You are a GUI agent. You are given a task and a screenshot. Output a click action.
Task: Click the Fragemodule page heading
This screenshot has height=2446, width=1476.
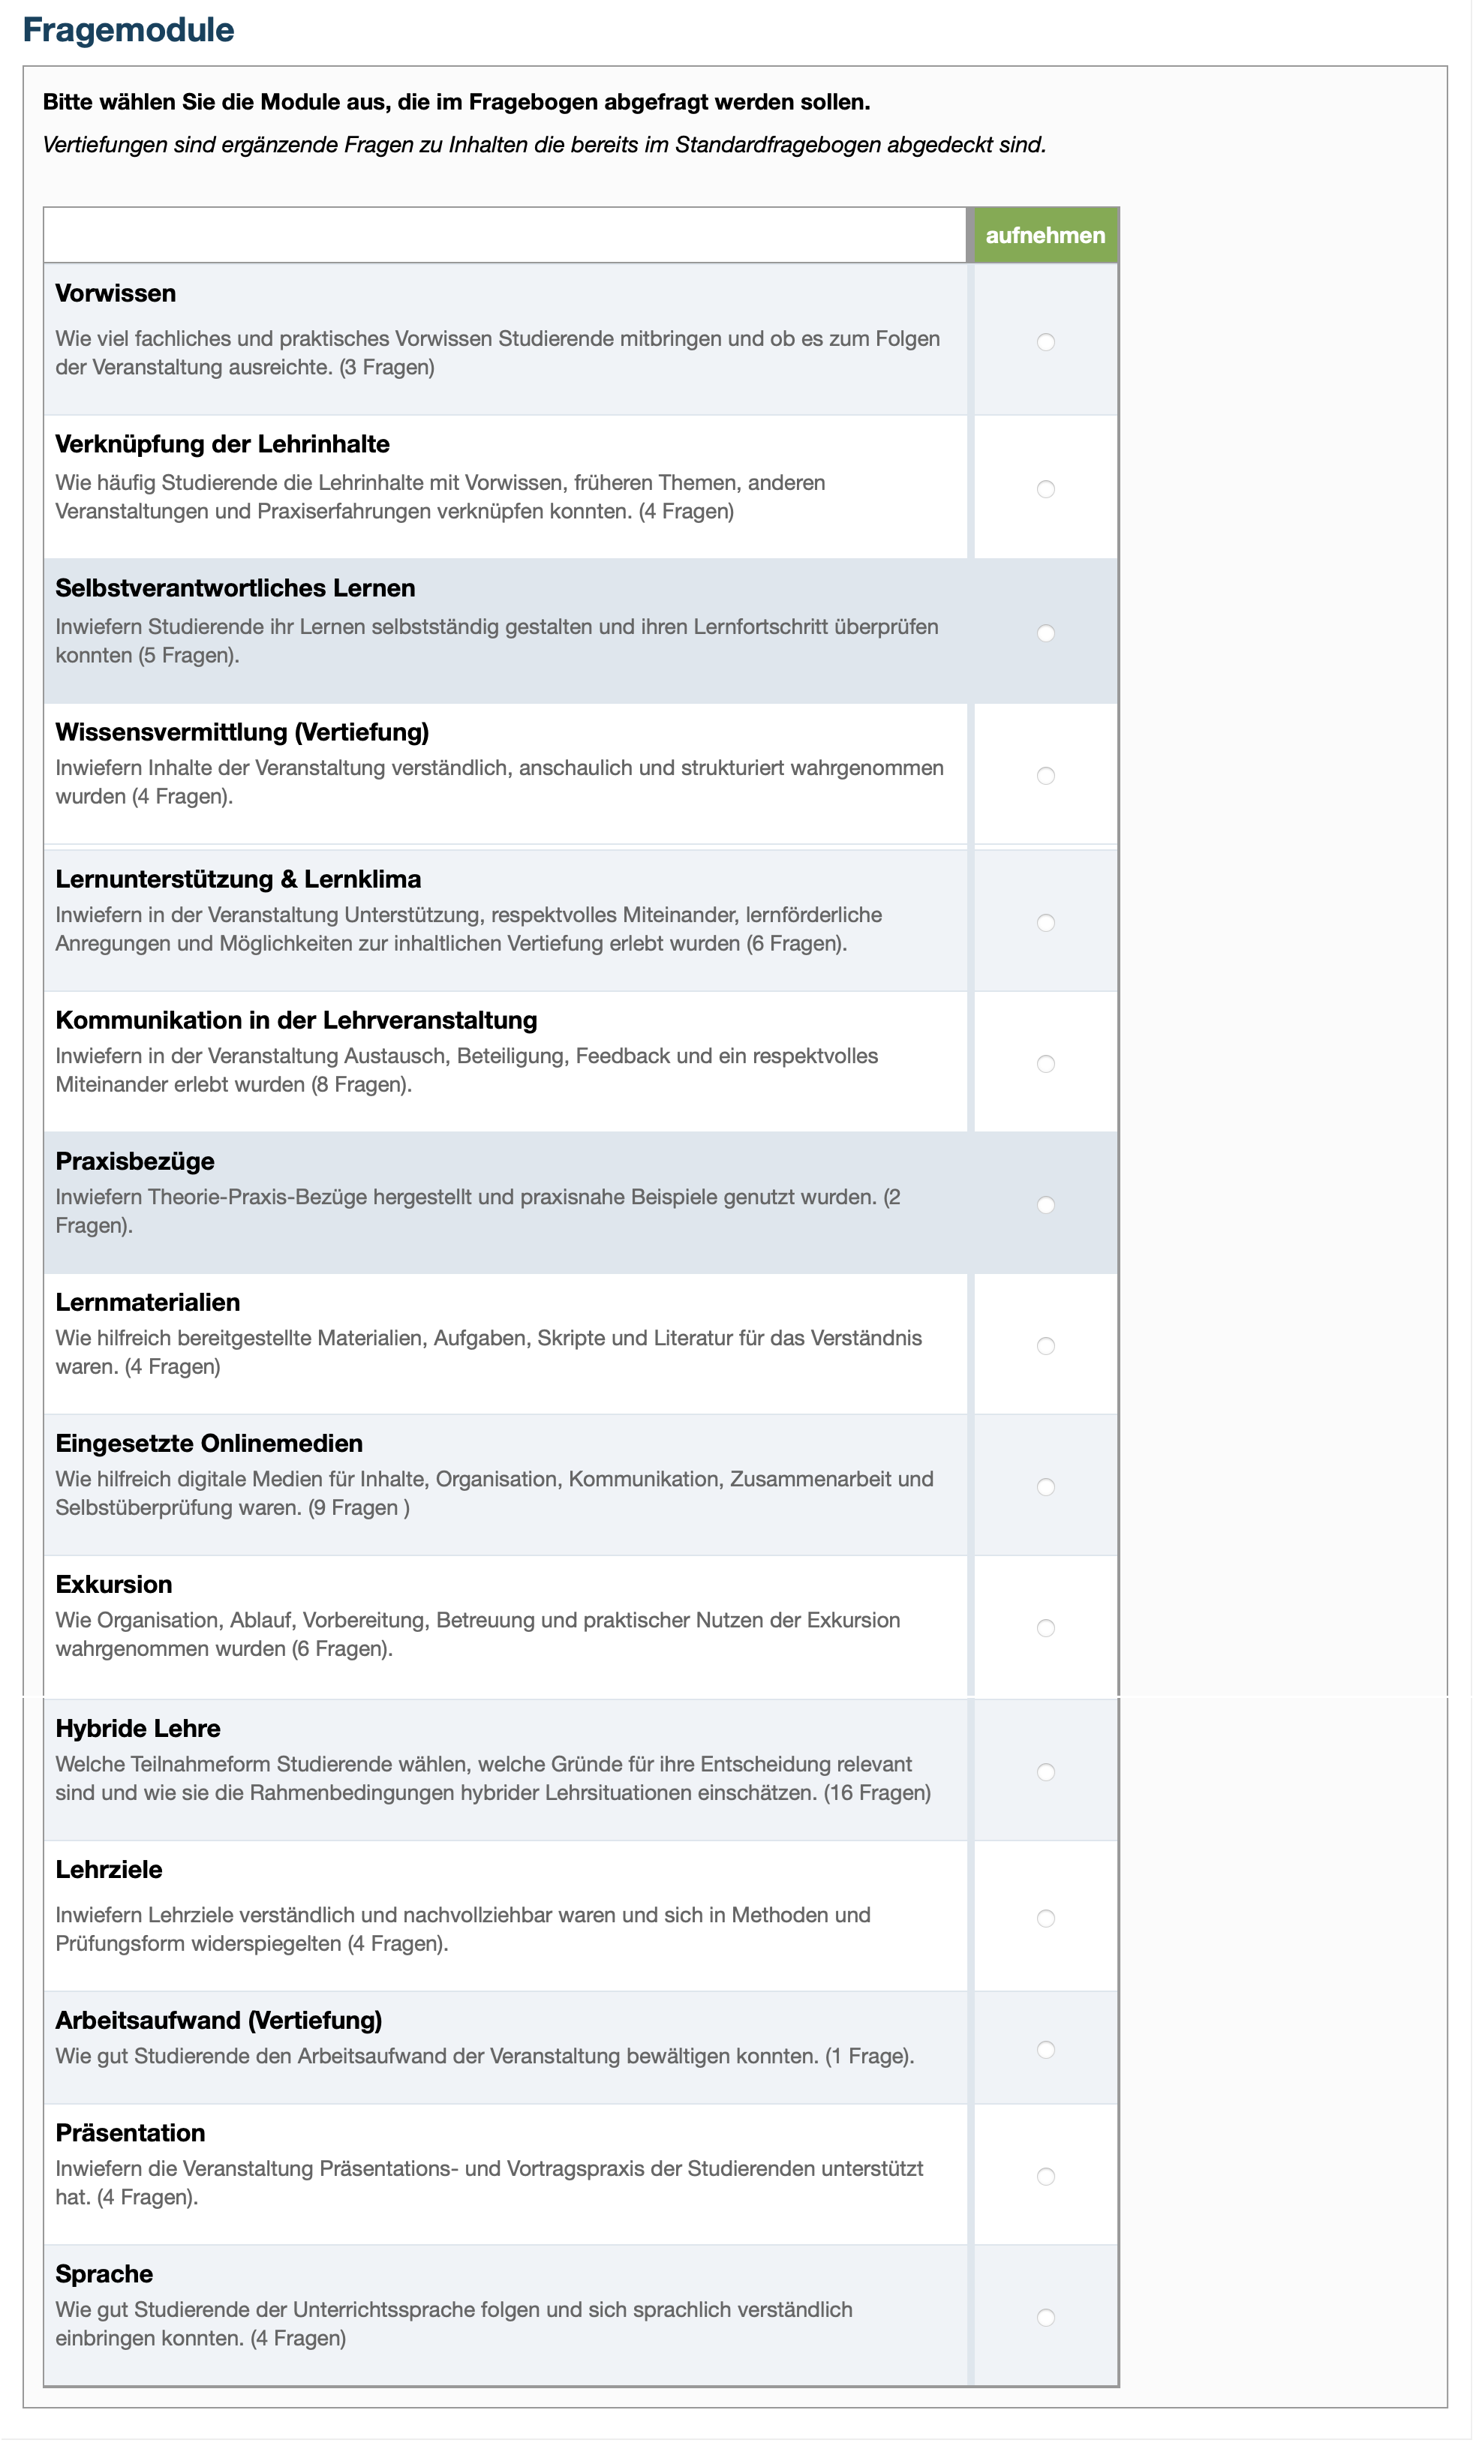pyautogui.click(x=128, y=30)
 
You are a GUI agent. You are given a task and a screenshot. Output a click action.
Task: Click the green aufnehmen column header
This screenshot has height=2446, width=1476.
pyautogui.click(x=1045, y=236)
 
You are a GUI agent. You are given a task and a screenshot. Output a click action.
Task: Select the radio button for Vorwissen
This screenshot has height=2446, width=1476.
pyautogui.click(x=1045, y=341)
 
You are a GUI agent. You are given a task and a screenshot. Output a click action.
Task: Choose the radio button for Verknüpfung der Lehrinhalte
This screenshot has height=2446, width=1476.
pyautogui.click(x=1045, y=488)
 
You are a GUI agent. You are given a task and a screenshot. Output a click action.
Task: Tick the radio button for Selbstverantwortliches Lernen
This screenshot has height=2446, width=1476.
pyautogui.click(x=1045, y=633)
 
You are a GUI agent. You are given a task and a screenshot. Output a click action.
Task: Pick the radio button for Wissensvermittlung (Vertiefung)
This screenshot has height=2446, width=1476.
pyautogui.click(x=1045, y=775)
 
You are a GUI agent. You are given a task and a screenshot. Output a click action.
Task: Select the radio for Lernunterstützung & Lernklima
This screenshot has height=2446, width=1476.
pyautogui.click(x=1045, y=922)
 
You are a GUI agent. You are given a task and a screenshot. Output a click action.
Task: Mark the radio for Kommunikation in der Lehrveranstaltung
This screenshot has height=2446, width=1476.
pyautogui.click(x=1045, y=1063)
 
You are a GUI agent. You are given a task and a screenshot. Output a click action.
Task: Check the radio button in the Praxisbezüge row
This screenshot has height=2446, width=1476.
pyautogui.click(x=1045, y=1204)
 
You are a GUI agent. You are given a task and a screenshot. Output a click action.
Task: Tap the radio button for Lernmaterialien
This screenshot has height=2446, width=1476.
pyautogui.click(x=1045, y=1345)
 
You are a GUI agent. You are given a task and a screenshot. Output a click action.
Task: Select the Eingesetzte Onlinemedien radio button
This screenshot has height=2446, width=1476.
pyautogui.click(x=1045, y=1486)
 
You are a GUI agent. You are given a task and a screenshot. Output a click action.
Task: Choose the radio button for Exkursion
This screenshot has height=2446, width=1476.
pyautogui.click(x=1045, y=1627)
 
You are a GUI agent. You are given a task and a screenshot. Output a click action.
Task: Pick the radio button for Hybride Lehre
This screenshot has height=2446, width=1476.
pyautogui.click(x=1045, y=1771)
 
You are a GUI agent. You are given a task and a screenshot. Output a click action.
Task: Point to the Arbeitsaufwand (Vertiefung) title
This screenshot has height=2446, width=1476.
pyautogui.click(x=218, y=2019)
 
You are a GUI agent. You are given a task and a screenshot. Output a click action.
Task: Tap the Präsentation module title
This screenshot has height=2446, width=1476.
pyautogui.click(x=130, y=2132)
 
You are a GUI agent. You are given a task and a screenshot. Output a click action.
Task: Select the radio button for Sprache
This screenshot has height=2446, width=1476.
pyautogui.click(x=1045, y=2317)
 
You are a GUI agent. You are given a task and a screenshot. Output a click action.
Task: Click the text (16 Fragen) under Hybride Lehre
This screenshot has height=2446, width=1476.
pyautogui.click(x=876, y=1792)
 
